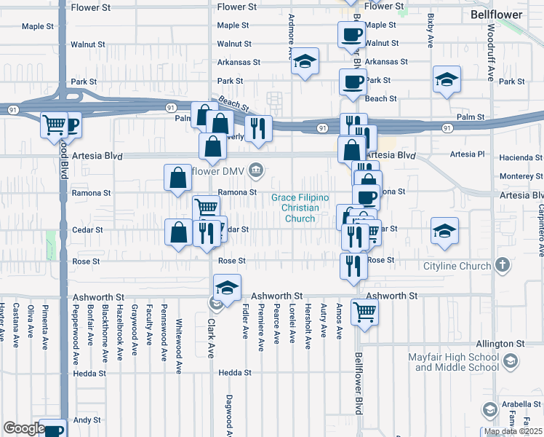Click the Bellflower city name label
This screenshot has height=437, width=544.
497,14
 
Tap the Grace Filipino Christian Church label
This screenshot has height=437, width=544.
300,208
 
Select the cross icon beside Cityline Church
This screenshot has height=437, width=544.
502,266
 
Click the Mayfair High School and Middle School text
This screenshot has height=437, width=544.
457,362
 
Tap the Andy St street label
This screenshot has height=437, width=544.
87,420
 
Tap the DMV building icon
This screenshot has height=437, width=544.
256,171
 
